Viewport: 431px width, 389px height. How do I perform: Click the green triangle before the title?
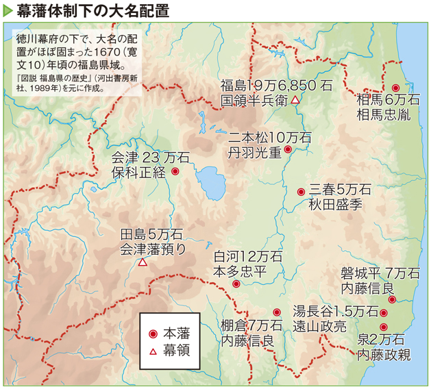tap(8, 10)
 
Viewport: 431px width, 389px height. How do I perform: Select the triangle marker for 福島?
tap(295, 100)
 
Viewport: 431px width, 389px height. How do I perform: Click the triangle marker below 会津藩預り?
tap(143, 262)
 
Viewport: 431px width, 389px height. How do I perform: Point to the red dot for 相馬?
tap(396, 87)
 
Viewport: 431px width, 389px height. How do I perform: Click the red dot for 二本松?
tap(288, 149)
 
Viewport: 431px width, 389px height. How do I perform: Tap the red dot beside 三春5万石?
tap(301, 192)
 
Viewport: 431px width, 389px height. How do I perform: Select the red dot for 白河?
tap(236, 284)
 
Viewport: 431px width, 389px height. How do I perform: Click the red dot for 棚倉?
tap(277, 312)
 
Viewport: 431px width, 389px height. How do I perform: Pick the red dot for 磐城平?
tap(392, 299)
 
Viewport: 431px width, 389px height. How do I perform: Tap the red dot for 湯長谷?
tap(384, 312)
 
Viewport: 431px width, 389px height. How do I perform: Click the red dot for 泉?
tap(384, 327)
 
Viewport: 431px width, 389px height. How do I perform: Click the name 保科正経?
tap(138, 173)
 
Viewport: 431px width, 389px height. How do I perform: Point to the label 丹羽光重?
tap(255, 152)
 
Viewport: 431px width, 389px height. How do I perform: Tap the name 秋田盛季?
tap(335, 203)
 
